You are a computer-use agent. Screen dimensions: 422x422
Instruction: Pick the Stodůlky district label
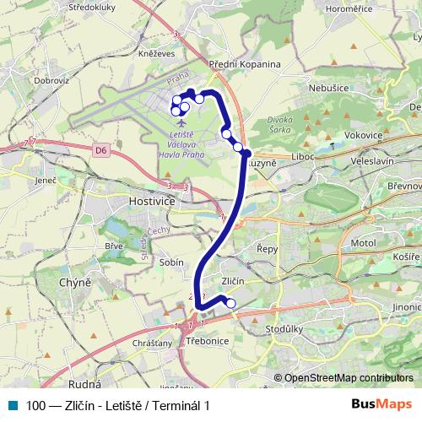[283, 328]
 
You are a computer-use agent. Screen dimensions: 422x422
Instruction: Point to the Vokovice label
[364, 134]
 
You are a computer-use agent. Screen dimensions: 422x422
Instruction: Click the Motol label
[362, 242]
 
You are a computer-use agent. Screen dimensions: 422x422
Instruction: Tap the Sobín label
[171, 262]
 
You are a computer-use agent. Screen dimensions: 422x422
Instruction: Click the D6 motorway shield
[100, 150]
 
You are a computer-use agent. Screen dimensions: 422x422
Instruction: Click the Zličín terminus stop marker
[231, 304]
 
